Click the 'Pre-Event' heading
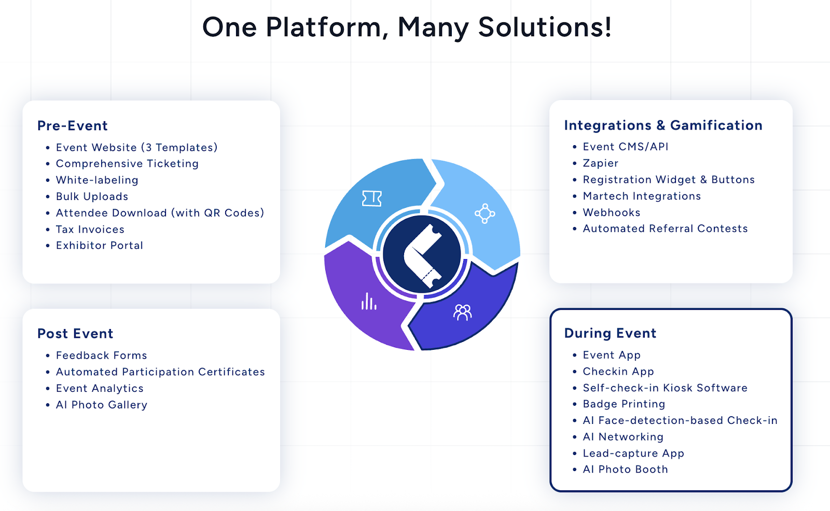[73, 126]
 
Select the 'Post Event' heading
[75, 334]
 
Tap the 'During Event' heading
[610, 333]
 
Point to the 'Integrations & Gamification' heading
[663, 125]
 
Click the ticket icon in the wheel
[371, 198]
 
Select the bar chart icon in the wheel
[369, 302]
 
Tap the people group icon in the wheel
[462, 312]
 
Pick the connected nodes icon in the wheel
[485, 213]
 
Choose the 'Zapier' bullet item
[601, 163]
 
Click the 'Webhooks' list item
[612, 212]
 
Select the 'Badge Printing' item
[624, 404]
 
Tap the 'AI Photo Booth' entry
[625, 470]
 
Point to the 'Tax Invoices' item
[90, 230]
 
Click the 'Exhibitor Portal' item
[100, 246]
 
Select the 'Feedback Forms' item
[102, 356]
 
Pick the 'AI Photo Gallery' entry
[102, 405]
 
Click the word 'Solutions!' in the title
[545, 27]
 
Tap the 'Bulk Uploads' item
[92, 196]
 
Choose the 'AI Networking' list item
[623, 437]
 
